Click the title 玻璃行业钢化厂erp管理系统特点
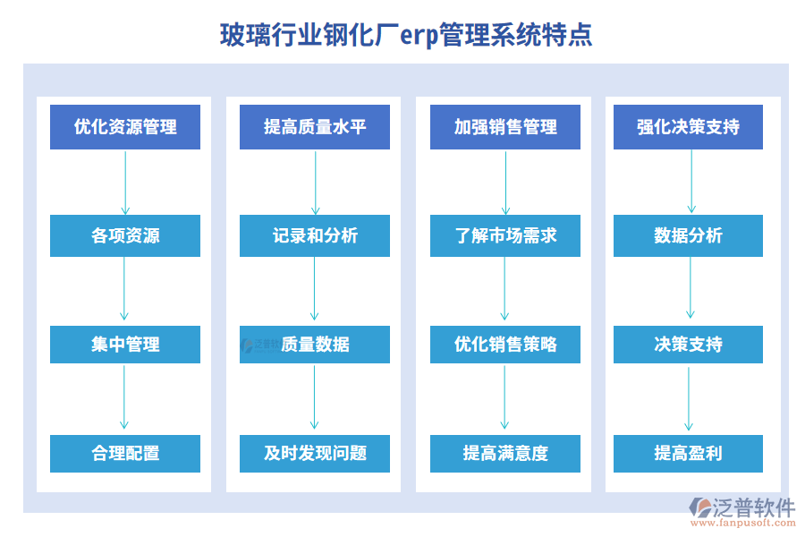(405, 36)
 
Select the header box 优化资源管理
(125, 127)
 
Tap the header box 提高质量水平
(315, 127)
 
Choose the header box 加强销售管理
(505, 127)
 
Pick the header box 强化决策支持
(688, 127)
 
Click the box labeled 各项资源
(125, 236)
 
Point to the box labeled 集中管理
(125, 345)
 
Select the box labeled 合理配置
(125, 454)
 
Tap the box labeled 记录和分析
(315, 236)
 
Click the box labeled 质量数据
(315, 345)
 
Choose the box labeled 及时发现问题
(315, 454)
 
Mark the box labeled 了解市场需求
(505, 236)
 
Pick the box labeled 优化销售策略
(505, 345)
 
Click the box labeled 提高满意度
(505, 454)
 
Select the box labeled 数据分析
(688, 236)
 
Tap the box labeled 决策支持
(688, 345)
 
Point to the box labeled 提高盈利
(688, 454)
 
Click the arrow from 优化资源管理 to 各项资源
(125, 182)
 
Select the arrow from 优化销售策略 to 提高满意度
(505, 398)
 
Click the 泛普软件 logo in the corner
(742, 512)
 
